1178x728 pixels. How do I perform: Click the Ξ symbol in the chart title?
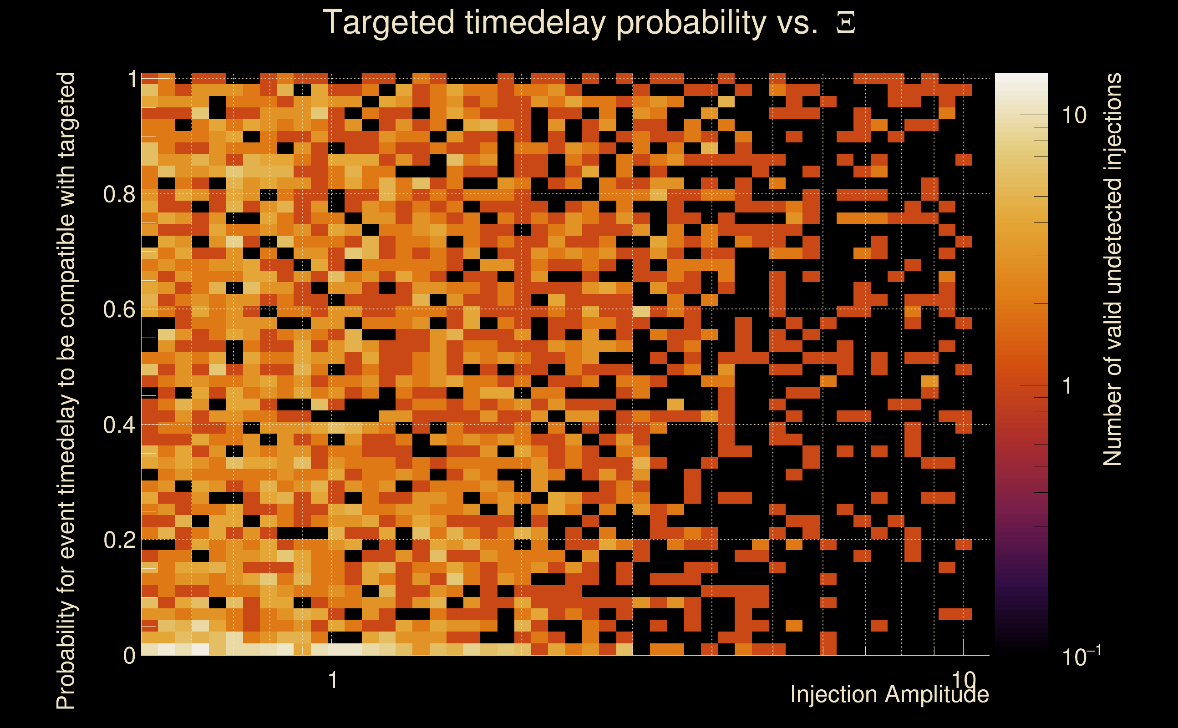tap(846, 23)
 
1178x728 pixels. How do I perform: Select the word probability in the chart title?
tap(691, 23)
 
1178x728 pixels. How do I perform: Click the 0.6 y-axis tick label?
tap(119, 309)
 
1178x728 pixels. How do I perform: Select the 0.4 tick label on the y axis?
tap(119, 425)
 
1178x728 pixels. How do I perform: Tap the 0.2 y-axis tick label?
tap(119, 540)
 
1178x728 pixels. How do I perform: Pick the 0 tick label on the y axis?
tap(130, 655)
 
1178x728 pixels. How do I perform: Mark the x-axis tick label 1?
tap(332, 680)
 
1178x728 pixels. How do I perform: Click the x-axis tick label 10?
tap(964, 680)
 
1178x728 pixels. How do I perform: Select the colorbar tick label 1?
tap(1067, 386)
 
